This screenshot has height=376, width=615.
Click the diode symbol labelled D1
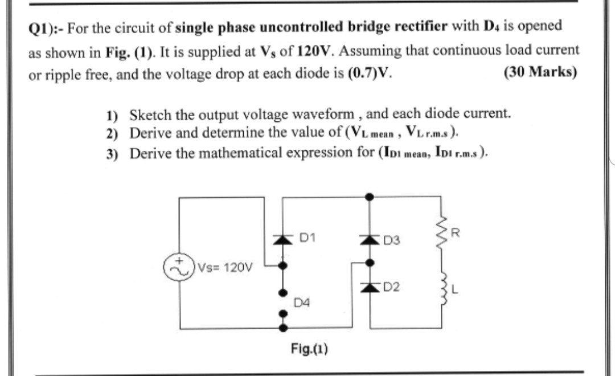point(279,238)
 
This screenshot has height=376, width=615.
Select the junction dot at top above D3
point(370,197)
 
